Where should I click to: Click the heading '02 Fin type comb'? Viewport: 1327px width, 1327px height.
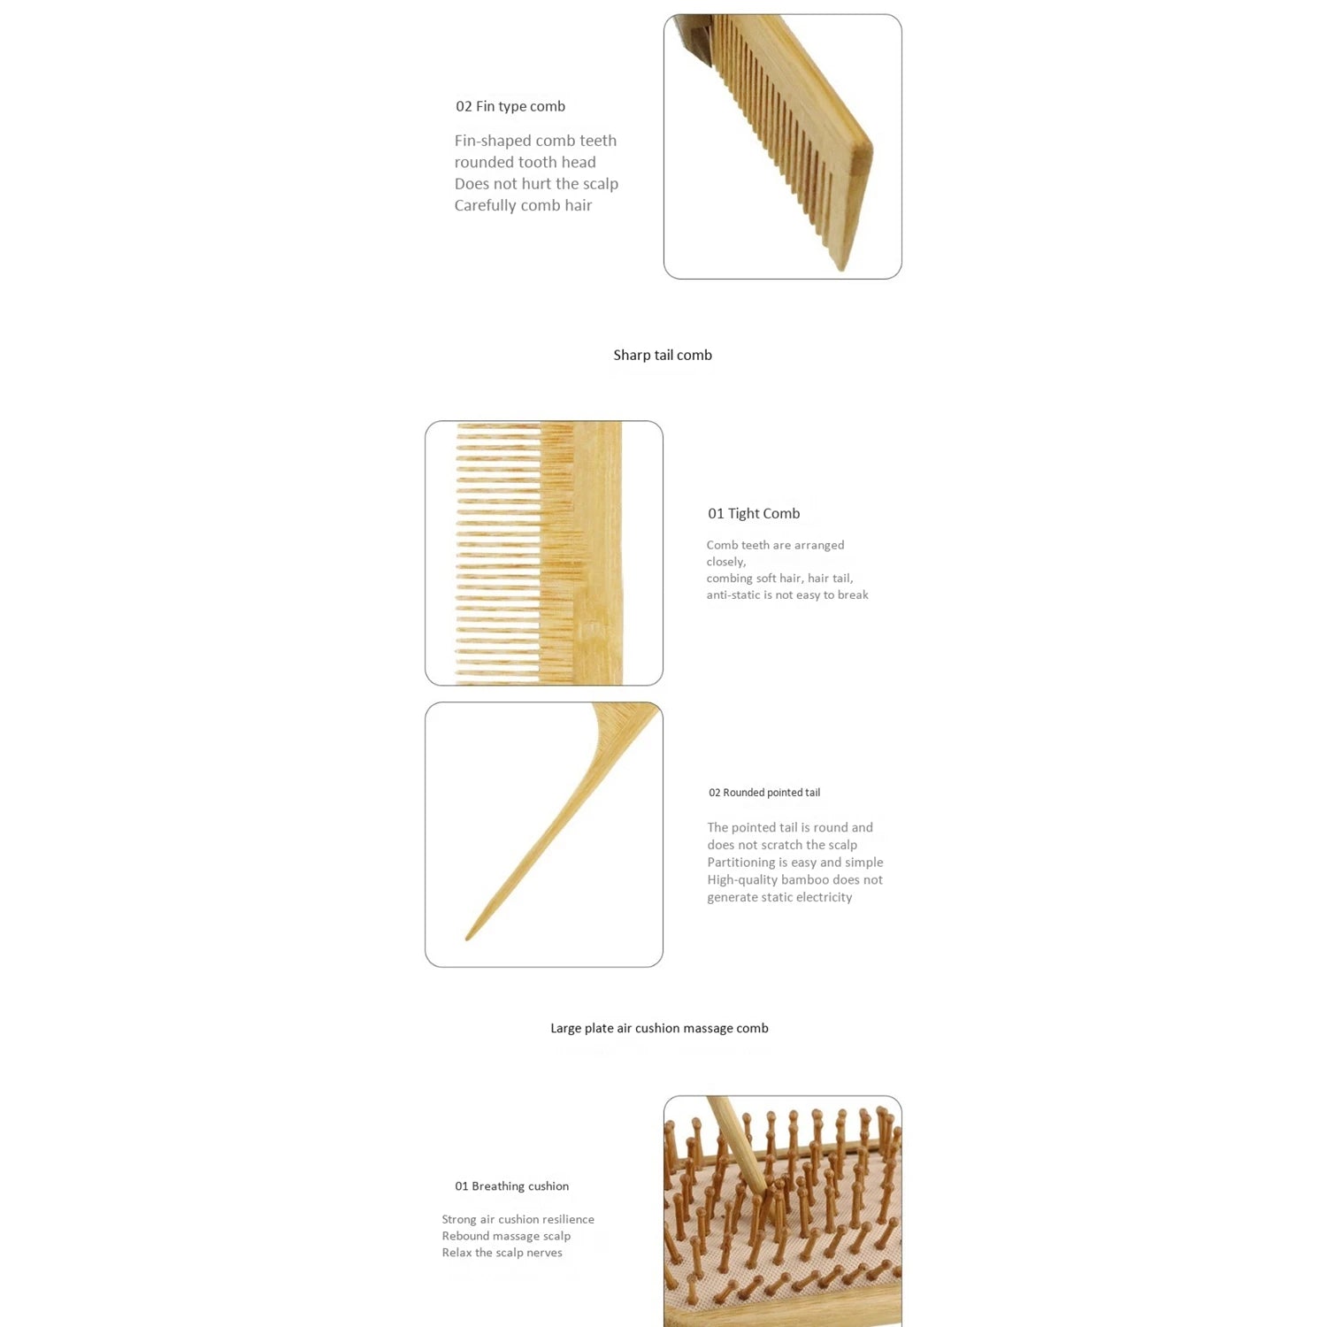[x=510, y=106]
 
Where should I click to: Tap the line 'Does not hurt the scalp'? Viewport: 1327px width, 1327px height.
[x=536, y=184]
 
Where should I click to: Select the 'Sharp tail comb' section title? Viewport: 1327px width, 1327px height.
[x=663, y=355]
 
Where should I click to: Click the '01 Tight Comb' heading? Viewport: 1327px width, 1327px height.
[x=754, y=513]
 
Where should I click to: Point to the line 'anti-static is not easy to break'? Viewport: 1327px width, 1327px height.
[x=787, y=594]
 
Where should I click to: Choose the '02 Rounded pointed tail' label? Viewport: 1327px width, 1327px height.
[x=764, y=793]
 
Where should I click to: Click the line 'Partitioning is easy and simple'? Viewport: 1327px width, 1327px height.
[x=795, y=863]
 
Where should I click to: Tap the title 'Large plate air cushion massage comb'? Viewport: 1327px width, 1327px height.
[x=659, y=1028]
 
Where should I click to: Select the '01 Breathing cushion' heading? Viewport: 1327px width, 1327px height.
[x=512, y=1186]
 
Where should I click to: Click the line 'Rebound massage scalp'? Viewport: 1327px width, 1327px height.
[x=506, y=1236]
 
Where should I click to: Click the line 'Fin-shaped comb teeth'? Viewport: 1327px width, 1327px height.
[x=535, y=141]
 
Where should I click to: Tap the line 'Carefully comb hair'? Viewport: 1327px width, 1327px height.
[x=523, y=205]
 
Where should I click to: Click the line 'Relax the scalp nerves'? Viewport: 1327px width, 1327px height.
[x=502, y=1253]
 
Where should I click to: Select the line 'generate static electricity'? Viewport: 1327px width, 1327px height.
[x=779, y=897]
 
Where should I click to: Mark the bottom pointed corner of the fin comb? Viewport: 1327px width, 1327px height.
[x=840, y=269]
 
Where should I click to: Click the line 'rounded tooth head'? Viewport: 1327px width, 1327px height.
[x=525, y=162]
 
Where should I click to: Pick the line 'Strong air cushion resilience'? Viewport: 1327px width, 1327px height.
[x=518, y=1219]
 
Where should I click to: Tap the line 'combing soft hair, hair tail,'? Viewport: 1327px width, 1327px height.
[x=779, y=579]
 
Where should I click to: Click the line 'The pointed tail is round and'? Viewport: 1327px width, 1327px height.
[x=790, y=827]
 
